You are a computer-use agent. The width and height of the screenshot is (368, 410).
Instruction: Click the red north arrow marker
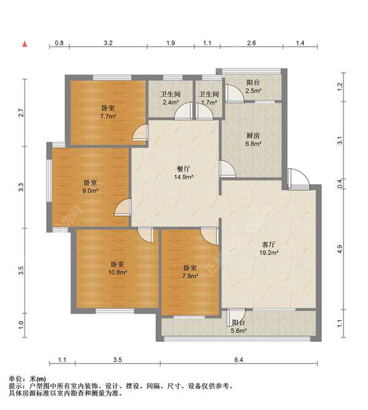(x=25, y=44)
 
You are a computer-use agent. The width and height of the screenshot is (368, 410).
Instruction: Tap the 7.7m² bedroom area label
(x=108, y=112)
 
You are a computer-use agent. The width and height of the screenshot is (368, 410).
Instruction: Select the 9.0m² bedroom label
(x=90, y=187)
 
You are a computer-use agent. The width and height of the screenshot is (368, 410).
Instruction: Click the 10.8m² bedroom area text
(x=118, y=268)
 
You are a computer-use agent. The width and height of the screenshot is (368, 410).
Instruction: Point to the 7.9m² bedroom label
(x=190, y=272)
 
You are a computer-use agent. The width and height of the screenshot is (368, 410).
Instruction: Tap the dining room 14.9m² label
(x=183, y=173)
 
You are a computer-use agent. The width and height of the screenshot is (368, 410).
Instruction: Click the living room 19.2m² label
(x=269, y=249)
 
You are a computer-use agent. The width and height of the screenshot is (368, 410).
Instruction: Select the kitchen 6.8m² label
(x=253, y=139)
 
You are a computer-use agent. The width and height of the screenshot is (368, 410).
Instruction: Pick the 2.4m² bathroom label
(x=171, y=98)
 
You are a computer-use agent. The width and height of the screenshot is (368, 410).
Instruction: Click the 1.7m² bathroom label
(x=209, y=98)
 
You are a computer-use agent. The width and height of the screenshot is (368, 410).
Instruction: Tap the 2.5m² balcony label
(x=253, y=87)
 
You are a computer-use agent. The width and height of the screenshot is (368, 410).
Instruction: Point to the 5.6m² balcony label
(x=239, y=327)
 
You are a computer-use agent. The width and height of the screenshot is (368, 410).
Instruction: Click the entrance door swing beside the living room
(x=299, y=179)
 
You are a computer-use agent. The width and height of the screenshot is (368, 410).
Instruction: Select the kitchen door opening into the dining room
(x=228, y=169)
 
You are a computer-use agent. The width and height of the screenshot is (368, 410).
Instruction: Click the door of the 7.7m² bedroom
(x=140, y=133)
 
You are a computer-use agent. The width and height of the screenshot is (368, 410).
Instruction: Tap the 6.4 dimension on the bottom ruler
(x=239, y=360)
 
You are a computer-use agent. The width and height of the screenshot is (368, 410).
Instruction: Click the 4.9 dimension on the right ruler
(x=340, y=249)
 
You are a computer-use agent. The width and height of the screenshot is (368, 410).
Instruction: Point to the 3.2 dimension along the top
(x=108, y=43)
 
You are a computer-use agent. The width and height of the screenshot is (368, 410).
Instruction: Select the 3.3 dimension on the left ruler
(x=21, y=187)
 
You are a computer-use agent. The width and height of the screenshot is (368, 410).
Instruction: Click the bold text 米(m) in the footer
(x=38, y=379)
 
